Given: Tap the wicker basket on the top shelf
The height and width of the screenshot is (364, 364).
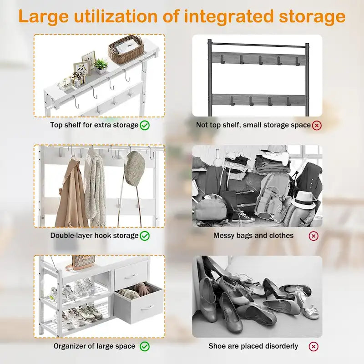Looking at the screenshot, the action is [x=126, y=50].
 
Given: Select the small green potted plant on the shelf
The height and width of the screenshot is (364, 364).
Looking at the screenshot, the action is [x=101, y=66].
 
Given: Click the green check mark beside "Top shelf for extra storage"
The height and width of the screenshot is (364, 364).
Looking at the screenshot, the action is [x=145, y=126].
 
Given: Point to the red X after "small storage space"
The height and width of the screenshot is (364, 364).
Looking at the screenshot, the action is [x=317, y=126].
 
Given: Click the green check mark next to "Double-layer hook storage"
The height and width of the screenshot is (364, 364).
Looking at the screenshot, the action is [x=145, y=236].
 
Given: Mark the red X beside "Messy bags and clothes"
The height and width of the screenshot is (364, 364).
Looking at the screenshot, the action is [x=313, y=236].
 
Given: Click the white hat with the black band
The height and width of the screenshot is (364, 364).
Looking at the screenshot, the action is [x=303, y=200].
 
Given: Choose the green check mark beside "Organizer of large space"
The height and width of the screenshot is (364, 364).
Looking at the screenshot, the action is [x=145, y=346].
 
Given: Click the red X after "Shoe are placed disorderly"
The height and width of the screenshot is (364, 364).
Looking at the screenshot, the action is [x=313, y=347].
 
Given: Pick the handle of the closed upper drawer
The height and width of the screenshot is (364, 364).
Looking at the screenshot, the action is [x=131, y=276].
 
